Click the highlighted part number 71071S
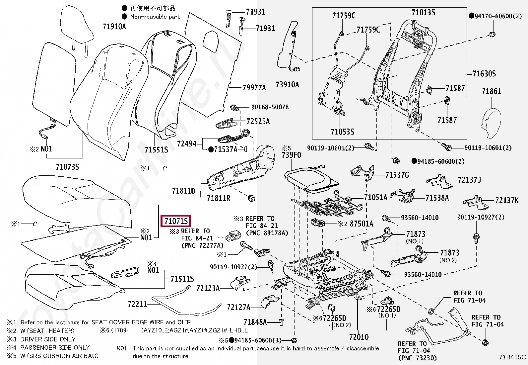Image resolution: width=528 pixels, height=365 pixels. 176,221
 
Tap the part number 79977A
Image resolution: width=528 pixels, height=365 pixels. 254,88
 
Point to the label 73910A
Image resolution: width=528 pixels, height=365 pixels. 287,85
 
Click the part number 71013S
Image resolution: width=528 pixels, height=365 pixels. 423,13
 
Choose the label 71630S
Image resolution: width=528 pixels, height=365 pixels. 484,73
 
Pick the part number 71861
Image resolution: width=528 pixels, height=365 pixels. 491,91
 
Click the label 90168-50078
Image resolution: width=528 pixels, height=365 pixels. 270,107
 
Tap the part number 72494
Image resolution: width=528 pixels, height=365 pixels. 187,144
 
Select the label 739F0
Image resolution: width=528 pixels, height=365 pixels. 292,155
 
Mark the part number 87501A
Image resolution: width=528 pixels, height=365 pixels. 362,224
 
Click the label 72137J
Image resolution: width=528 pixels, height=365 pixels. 469,180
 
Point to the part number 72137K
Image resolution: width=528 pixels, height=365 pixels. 506,200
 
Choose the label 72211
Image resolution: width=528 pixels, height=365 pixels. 137,304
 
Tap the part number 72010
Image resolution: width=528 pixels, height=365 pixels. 359,337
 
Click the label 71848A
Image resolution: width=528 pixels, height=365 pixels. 255,322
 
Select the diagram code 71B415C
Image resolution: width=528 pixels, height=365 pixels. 512,357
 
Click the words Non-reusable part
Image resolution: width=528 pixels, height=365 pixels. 155,17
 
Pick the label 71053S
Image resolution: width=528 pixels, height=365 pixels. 342,132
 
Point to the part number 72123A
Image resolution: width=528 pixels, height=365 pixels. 208,288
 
